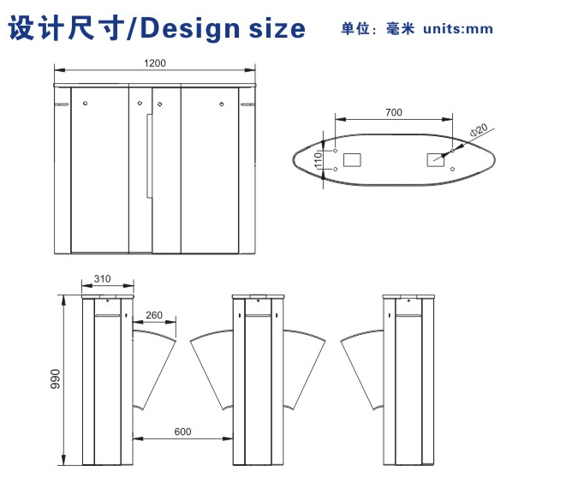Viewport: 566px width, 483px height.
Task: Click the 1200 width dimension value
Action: pyautogui.click(x=155, y=63)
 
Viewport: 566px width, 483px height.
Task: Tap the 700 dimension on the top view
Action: pyautogui.click(x=393, y=113)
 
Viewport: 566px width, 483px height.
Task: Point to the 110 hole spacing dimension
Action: pyautogui.click(x=318, y=159)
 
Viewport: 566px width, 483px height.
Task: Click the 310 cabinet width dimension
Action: pyautogui.click(x=102, y=279)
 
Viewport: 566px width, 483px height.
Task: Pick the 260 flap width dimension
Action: pyautogui.click(x=154, y=315)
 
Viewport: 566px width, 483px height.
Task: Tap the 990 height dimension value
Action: pyautogui.click(x=55, y=379)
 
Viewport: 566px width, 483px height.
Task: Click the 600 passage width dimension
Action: pyautogui.click(x=182, y=432)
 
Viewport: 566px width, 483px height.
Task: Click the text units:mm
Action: pyautogui.click(x=458, y=29)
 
